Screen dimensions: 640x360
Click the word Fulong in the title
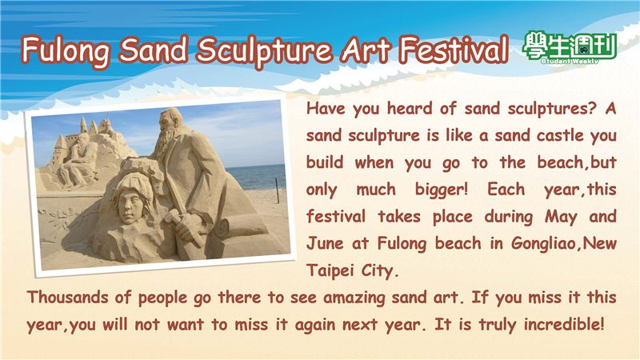(66, 50)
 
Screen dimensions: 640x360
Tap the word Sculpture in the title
(264, 50)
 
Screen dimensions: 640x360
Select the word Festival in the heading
(454, 49)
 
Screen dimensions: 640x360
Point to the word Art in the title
(365, 50)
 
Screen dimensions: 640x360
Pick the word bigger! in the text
(442, 190)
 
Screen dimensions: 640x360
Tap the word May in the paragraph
(561, 217)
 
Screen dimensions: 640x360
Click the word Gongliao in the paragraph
(546, 244)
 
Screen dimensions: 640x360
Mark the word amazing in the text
(354, 298)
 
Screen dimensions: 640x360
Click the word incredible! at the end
(564, 325)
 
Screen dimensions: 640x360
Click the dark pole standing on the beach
(277, 190)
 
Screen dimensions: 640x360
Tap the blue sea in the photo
(256, 176)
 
